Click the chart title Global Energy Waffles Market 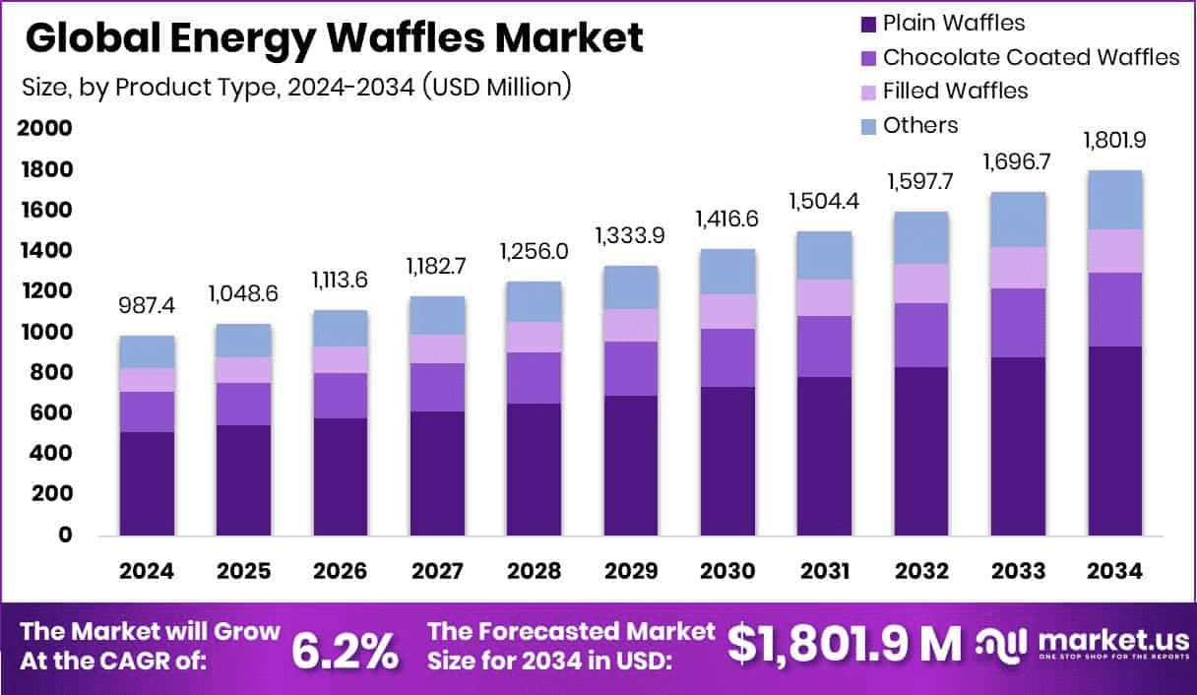(x=334, y=37)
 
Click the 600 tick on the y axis (x=50, y=413)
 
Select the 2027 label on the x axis (x=437, y=572)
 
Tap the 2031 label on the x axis (x=824, y=572)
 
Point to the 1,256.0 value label (x=535, y=252)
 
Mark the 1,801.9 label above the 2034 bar (x=1115, y=141)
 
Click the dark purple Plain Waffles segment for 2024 (x=148, y=483)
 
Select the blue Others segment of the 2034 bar (x=1115, y=200)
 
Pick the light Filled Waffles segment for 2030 (x=727, y=311)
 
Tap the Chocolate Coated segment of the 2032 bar (x=921, y=335)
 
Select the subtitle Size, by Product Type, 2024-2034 (x=296, y=87)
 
